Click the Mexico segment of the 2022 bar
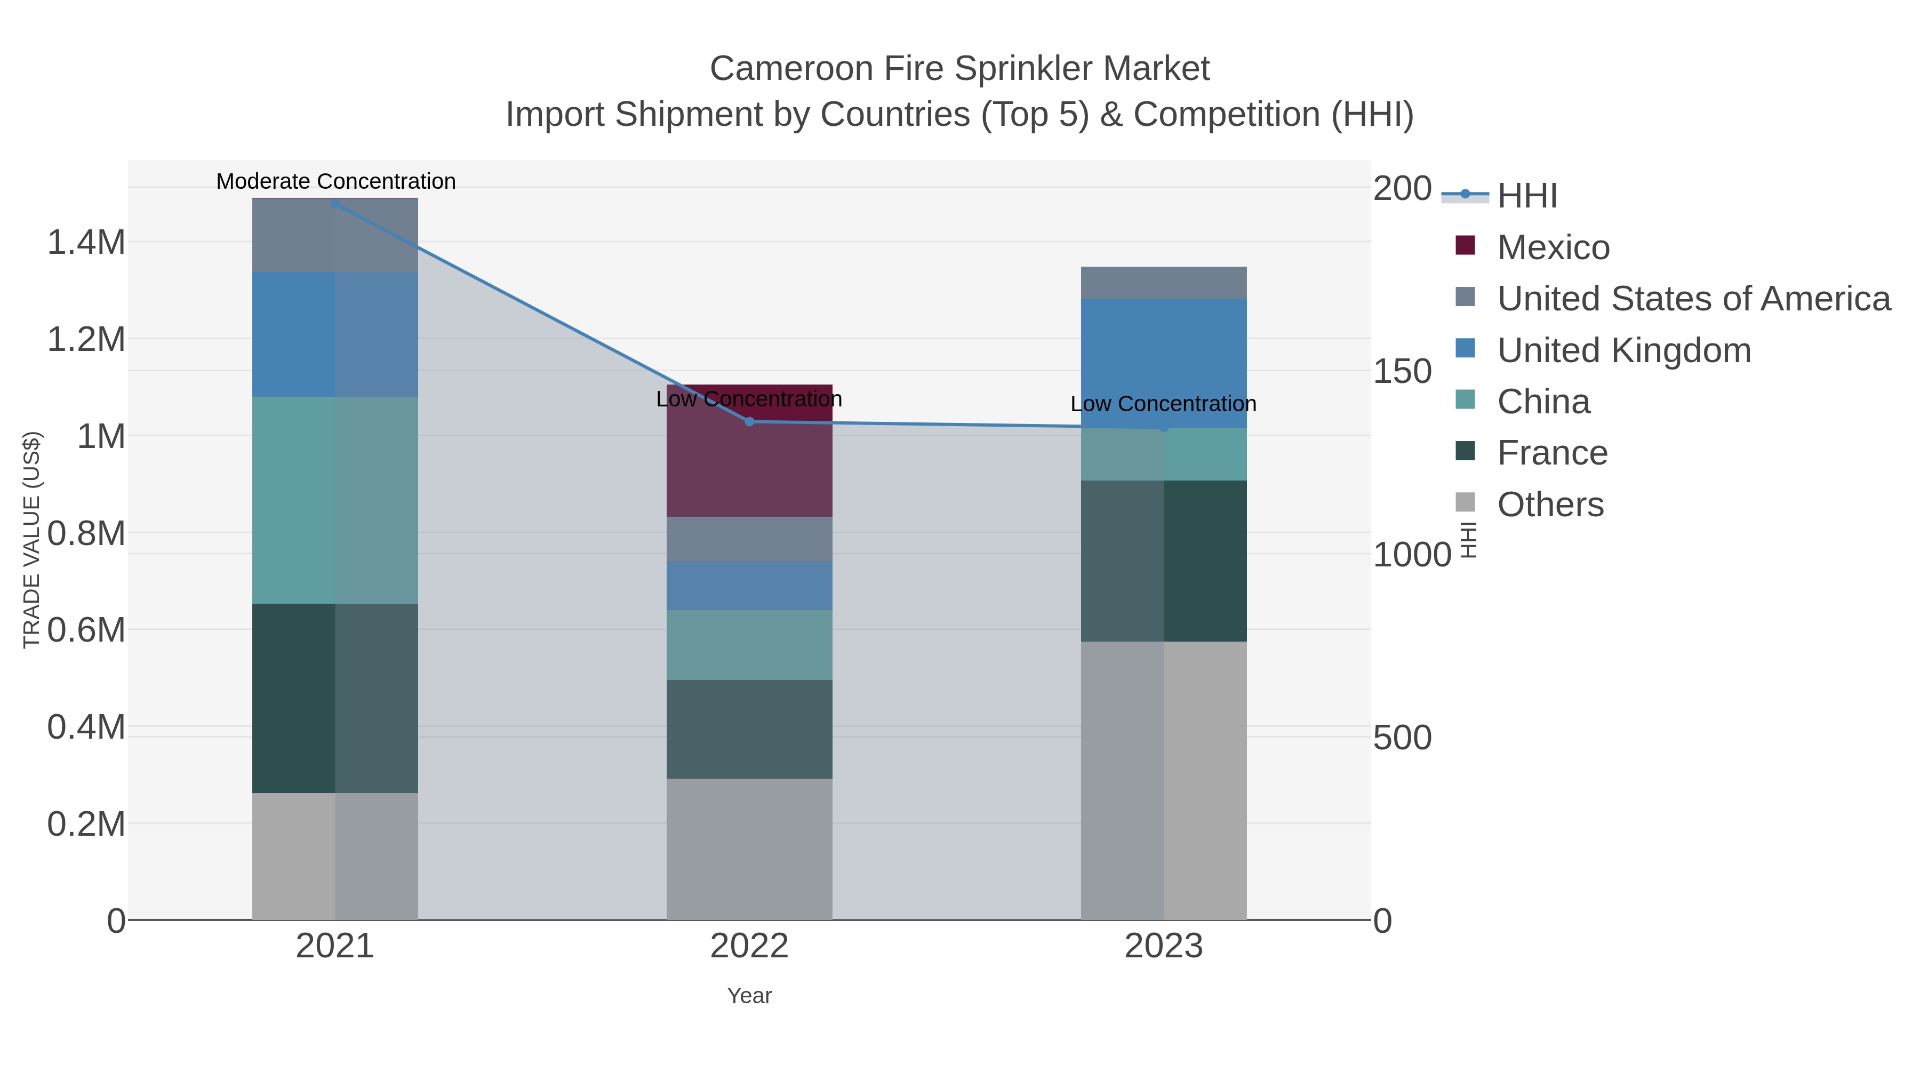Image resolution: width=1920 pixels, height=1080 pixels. pyautogui.click(x=749, y=462)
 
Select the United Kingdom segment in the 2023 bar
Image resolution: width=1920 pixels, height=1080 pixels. pyautogui.click(x=1164, y=363)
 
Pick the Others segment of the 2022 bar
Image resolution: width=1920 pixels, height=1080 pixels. pyautogui.click(x=749, y=849)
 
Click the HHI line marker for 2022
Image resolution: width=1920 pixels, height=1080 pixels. pyautogui.click(x=750, y=422)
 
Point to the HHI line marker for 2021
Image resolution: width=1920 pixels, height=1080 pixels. pyautogui.click(x=335, y=204)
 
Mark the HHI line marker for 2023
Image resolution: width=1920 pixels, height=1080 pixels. pyautogui.click(x=1164, y=428)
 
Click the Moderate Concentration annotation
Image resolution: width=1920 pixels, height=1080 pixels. pyautogui.click(x=335, y=181)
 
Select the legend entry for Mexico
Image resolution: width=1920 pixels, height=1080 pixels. pyautogui.click(x=1553, y=247)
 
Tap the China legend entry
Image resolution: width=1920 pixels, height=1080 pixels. pyautogui.click(x=1543, y=402)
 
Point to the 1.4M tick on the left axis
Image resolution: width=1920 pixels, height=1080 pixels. pyautogui.click(x=86, y=242)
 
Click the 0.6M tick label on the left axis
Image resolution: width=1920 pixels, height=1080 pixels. pyautogui.click(x=86, y=630)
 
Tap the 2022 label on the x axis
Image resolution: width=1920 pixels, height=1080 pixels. pyautogui.click(x=749, y=947)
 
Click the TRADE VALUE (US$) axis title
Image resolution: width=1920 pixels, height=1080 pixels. pyautogui.click(x=32, y=540)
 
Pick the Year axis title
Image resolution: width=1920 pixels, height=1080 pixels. pyautogui.click(x=749, y=996)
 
